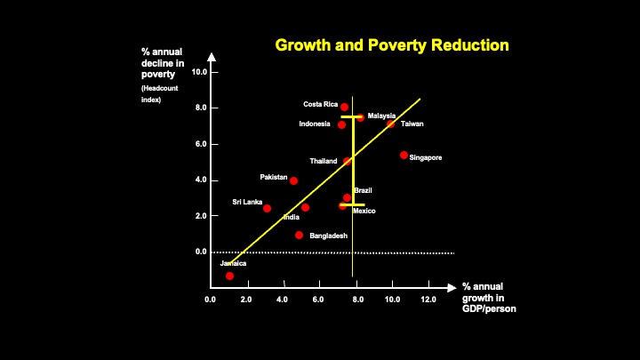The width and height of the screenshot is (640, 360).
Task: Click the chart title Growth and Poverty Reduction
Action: point(392,44)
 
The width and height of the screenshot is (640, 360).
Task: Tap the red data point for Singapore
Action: point(404,155)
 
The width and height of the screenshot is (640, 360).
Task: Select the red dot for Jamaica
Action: point(229,276)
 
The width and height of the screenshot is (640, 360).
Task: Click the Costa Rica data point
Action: point(344,107)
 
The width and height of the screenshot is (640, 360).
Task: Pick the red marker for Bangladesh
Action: point(300,236)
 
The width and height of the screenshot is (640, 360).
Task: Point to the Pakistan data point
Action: point(293,180)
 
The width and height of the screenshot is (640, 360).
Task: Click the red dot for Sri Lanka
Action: point(267,208)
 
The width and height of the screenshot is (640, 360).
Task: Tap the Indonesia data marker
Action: point(341,124)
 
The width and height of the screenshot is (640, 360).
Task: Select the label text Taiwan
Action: point(412,124)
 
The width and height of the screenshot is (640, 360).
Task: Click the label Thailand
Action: point(323,161)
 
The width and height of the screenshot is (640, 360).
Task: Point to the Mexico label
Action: point(364,211)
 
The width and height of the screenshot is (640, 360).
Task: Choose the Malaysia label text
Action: point(381,116)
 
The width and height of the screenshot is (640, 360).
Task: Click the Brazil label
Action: point(363,190)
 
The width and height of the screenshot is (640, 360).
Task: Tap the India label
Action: point(291,217)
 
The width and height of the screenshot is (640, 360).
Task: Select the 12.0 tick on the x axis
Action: point(429,300)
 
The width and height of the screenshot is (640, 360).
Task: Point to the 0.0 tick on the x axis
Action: point(210,300)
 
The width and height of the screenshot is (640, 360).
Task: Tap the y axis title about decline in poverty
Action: point(162,63)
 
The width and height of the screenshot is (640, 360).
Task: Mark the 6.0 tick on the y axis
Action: point(200,144)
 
